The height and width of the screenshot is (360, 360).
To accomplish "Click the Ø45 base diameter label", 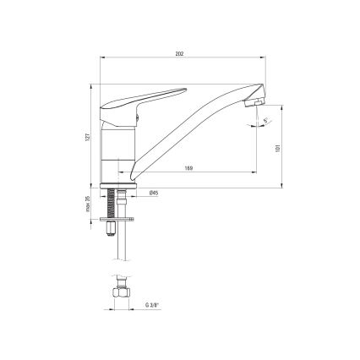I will (x=154, y=194).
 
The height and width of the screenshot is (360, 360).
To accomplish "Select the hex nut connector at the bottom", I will (x=118, y=293).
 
